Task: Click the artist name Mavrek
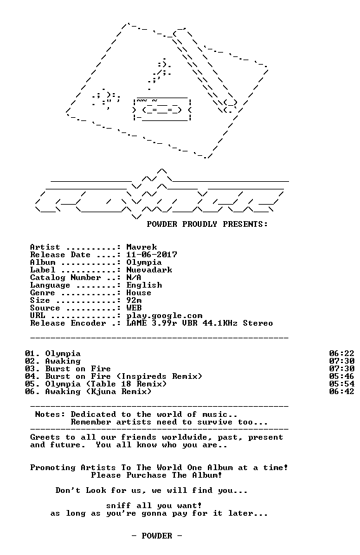[x=141, y=247]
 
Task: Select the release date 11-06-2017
[x=152, y=255]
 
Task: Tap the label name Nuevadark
[x=150, y=270]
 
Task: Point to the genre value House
[x=139, y=293]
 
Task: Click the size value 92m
[x=134, y=300]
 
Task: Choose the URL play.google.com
[x=165, y=316]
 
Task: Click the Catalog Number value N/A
[x=134, y=277]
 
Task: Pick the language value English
[x=145, y=285]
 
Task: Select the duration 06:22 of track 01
[x=342, y=354]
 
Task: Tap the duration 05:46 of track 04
[x=342, y=376]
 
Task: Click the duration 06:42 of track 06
[x=342, y=392]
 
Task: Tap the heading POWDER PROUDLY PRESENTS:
[x=207, y=224]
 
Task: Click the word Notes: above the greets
[x=50, y=414]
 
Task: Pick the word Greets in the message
[x=45, y=437]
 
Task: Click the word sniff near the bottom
[x=119, y=506]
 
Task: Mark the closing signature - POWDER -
[x=157, y=536]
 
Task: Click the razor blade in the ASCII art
[x=162, y=110]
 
